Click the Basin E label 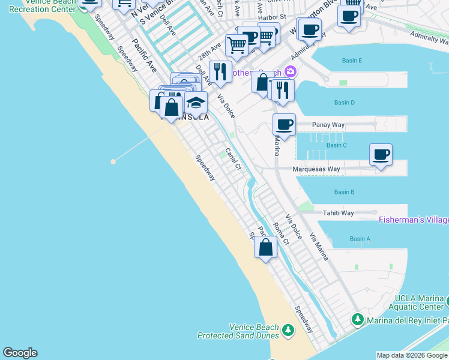(x=351, y=61)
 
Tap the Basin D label (x=344, y=103)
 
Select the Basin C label (x=337, y=145)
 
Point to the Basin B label (x=344, y=192)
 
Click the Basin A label (x=360, y=239)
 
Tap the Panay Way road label (x=328, y=125)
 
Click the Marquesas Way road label (x=316, y=169)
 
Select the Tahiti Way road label (x=339, y=213)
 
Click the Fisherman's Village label (x=414, y=220)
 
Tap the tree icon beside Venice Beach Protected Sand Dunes (x=288, y=330)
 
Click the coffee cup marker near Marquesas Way (x=381, y=155)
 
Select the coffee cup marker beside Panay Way (x=284, y=124)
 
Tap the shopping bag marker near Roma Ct (x=265, y=247)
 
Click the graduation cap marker (x=196, y=103)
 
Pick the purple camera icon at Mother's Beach (x=291, y=72)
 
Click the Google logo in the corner (x=20, y=353)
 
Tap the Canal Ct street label (x=233, y=159)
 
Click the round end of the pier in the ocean (x=113, y=161)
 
